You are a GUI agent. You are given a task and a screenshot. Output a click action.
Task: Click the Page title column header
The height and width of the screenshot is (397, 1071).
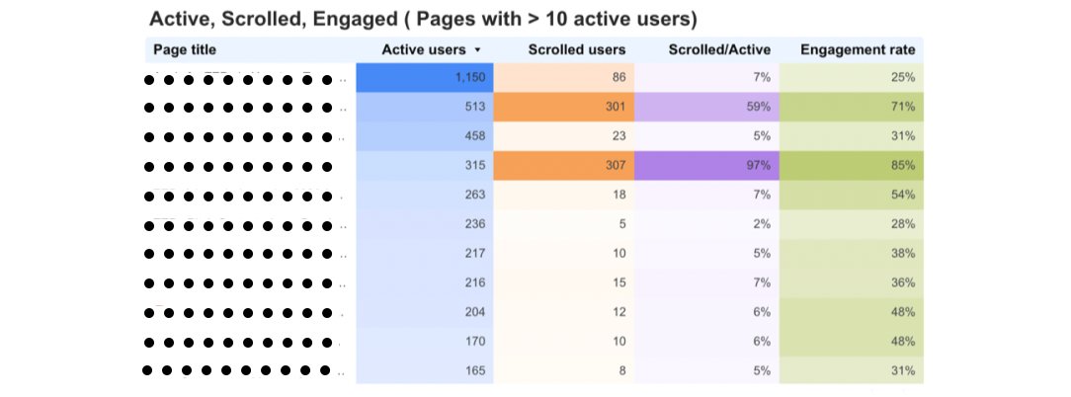185,49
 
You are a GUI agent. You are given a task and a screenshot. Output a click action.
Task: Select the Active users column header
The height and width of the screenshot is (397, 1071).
424,49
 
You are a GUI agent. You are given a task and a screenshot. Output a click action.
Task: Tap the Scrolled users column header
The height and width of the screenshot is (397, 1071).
576,49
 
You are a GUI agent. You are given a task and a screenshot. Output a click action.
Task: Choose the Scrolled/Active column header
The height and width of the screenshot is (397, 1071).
719,49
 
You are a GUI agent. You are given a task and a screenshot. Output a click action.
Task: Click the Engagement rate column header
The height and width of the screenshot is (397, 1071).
858,49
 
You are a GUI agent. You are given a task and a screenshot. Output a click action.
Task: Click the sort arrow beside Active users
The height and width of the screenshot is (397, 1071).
478,49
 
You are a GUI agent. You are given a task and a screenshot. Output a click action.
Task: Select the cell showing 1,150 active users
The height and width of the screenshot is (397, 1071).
424,77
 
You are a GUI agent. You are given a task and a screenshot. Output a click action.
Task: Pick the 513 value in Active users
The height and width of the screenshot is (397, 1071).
424,107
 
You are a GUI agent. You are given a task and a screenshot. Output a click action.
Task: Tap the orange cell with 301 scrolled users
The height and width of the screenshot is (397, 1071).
563,107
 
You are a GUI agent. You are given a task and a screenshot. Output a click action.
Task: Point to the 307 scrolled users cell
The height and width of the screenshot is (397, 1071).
563,165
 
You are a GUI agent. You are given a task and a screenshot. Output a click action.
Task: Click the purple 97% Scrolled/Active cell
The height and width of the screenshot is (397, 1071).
706,165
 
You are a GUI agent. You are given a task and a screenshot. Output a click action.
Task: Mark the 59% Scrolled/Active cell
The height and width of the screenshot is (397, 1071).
706,107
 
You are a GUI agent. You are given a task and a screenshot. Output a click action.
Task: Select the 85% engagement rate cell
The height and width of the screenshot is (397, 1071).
851,165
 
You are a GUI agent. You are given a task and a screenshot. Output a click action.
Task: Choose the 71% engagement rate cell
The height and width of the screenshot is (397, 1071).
851,107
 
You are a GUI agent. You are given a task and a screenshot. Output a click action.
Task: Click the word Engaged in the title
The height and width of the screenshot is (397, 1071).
356,19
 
